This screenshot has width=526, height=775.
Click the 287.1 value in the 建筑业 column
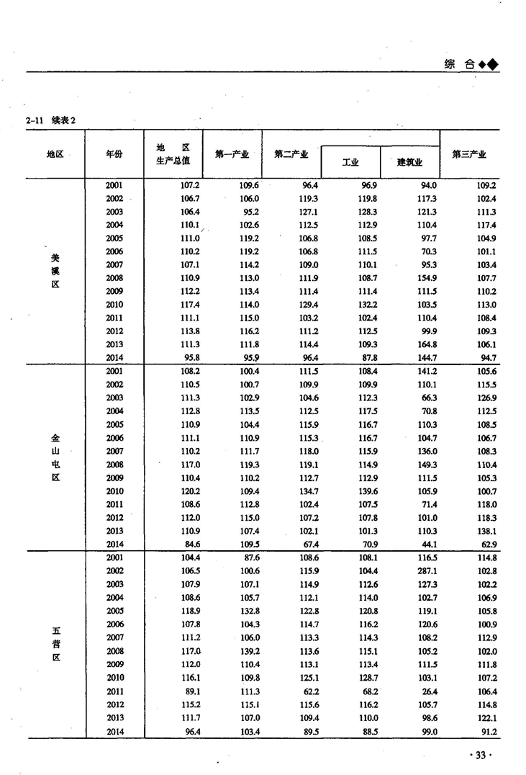click(x=427, y=570)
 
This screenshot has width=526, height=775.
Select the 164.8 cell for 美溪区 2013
click(x=427, y=344)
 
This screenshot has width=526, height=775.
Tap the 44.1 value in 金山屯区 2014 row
click(x=430, y=544)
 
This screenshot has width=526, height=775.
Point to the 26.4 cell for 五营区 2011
click(x=430, y=691)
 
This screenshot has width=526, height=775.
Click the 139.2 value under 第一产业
click(x=250, y=651)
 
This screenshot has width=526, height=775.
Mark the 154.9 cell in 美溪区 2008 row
click(x=427, y=278)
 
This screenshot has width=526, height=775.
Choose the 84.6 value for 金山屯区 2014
click(x=191, y=544)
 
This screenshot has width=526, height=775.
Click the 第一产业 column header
click(x=232, y=154)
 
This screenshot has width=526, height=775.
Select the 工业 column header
click(x=350, y=162)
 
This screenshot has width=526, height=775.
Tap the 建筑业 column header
click(x=409, y=162)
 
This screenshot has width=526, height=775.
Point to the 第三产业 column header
click(x=468, y=154)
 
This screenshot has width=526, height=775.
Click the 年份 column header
click(x=114, y=154)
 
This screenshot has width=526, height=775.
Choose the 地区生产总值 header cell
click(x=173, y=154)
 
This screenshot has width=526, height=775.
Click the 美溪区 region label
click(x=55, y=271)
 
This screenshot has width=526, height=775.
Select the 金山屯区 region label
click(x=55, y=457)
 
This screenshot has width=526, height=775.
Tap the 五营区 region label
click(x=55, y=644)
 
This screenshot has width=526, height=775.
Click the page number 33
click(x=479, y=754)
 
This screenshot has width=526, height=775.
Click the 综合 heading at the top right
click(x=460, y=64)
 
